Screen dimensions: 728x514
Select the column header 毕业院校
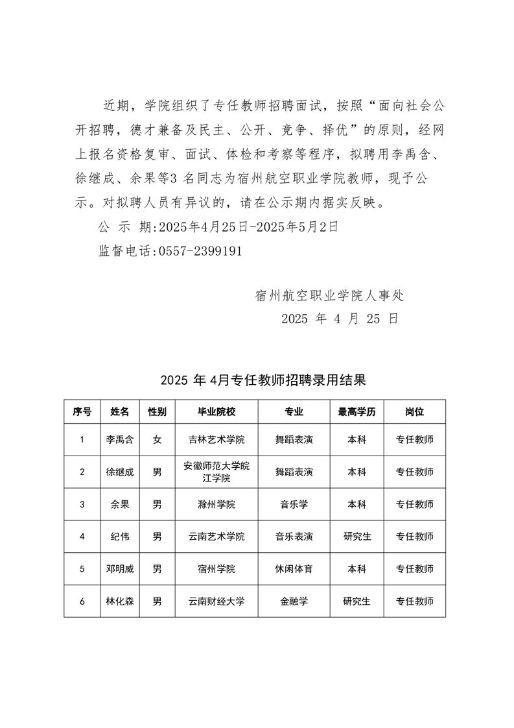pyautogui.click(x=216, y=411)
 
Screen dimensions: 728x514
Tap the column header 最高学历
pyautogui.click(x=357, y=411)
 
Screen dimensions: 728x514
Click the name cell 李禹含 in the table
pyautogui.click(x=120, y=439)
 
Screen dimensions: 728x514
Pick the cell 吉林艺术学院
pyautogui.click(x=216, y=439)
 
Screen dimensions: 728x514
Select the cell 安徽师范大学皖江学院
pyautogui.click(x=216, y=472)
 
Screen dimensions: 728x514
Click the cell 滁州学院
pyautogui.click(x=216, y=504)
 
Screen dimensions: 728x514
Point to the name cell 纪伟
pyautogui.click(x=120, y=537)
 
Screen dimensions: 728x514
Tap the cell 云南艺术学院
pyautogui.click(x=216, y=537)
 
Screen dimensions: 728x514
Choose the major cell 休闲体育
pyautogui.click(x=294, y=569)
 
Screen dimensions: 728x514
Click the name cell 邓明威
pyautogui.click(x=120, y=569)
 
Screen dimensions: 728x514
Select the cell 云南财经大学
pyautogui.click(x=216, y=601)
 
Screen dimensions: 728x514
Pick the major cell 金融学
pyautogui.click(x=294, y=601)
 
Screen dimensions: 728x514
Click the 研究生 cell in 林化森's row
pyautogui.click(x=357, y=601)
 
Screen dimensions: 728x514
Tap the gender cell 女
pyautogui.click(x=157, y=439)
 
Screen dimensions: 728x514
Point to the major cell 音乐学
pyautogui.click(x=294, y=504)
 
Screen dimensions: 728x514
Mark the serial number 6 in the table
pyautogui.click(x=82, y=601)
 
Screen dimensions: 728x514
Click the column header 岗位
pyautogui.click(x=414, y=411)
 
